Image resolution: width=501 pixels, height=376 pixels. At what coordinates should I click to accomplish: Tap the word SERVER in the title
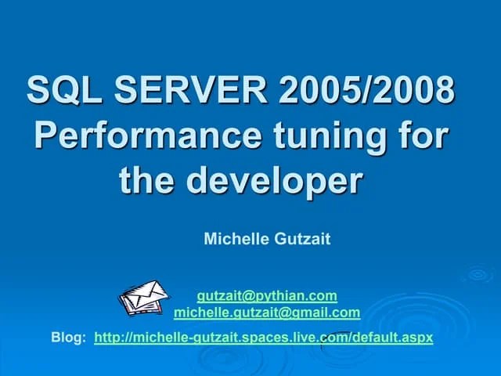(x=185, y=91)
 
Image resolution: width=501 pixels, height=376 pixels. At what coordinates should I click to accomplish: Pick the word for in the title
(x=424, y=136)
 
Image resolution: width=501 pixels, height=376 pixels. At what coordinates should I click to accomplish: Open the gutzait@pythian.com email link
(x=267, y=296)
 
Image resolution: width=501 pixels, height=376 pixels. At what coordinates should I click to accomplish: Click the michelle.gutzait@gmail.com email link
(x=267, y=313)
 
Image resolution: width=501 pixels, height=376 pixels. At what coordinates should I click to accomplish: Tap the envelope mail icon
(x=143, y=297)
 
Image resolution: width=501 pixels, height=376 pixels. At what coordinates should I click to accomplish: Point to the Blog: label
(x=69, y=338)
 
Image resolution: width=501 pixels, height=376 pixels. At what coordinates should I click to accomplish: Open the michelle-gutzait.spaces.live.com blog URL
(x=263, y=338)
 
